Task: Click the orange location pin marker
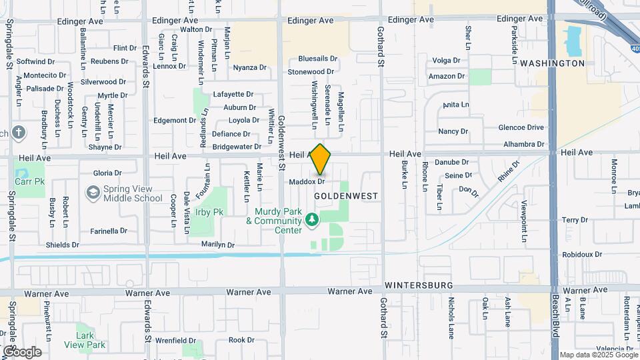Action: point(321,160)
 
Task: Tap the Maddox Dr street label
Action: point(307,181)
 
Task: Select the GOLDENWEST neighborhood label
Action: point(345,197)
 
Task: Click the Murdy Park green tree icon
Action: point(311,219)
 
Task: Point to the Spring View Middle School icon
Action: point(93,193)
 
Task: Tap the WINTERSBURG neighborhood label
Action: point(419,285)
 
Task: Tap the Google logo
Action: point(21,352)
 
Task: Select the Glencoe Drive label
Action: point(521,127)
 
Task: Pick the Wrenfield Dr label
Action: point(175,340)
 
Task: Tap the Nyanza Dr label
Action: point(249,67)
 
